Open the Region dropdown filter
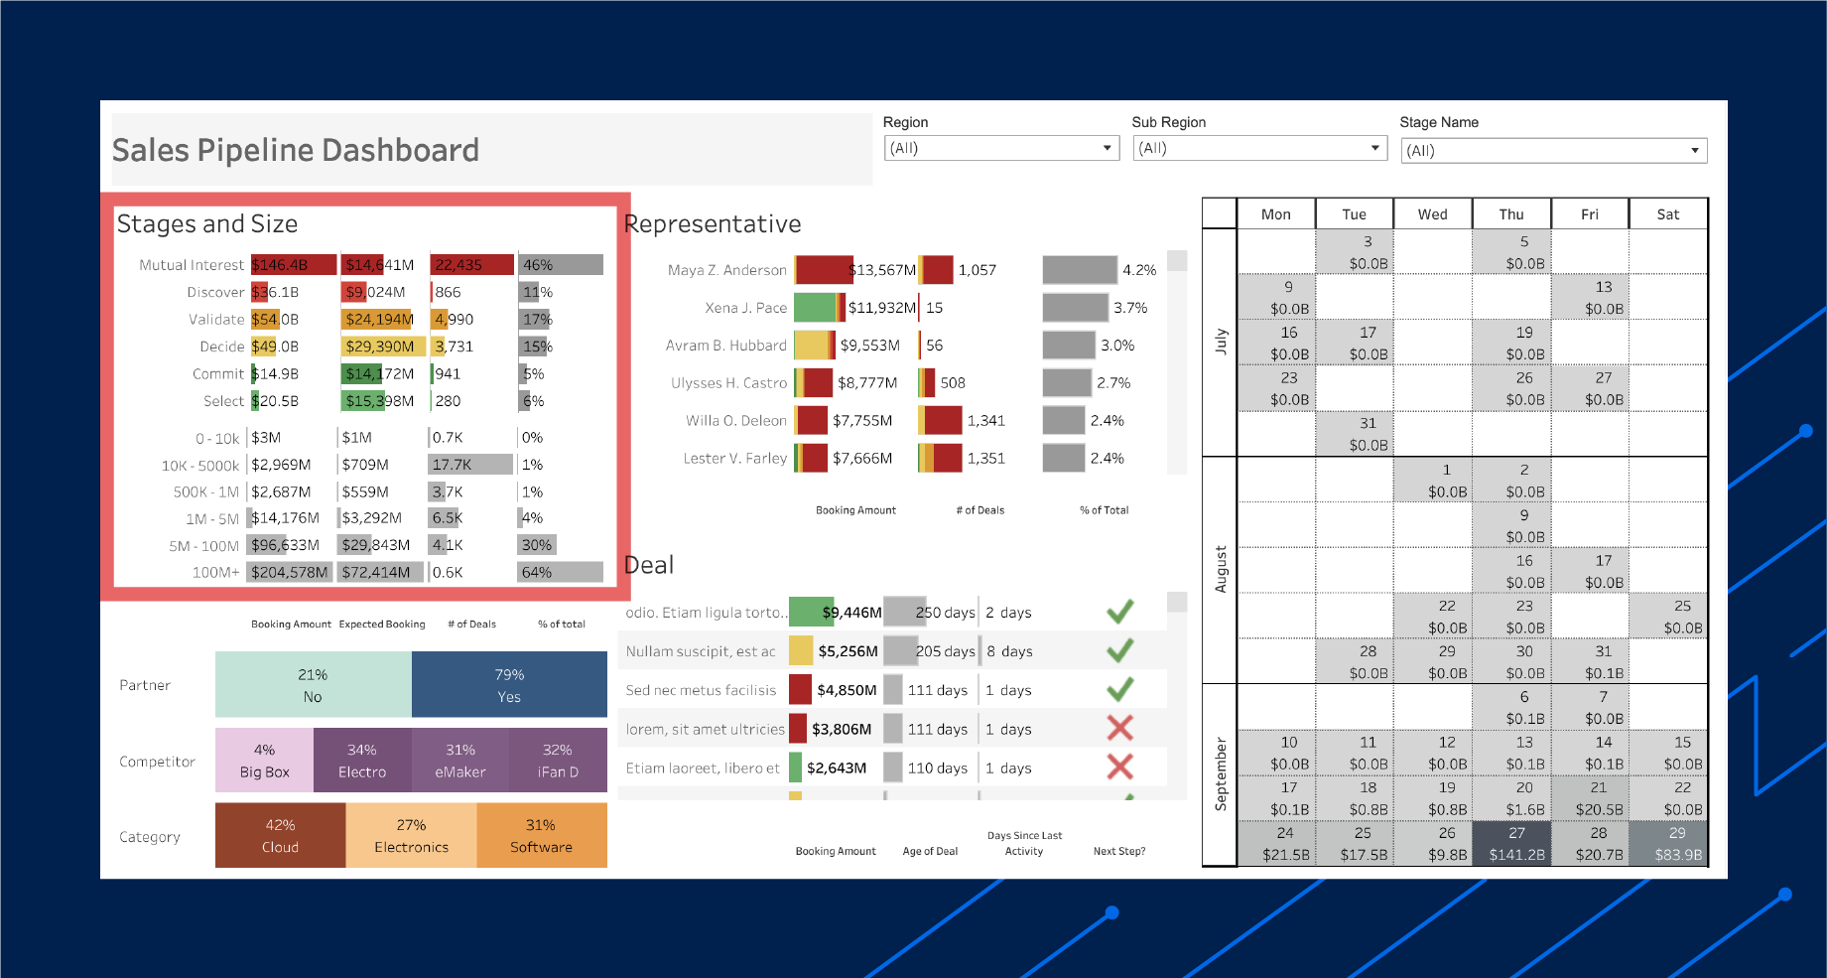click(1000, 148)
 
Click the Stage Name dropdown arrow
click(1695, 151)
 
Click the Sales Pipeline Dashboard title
click(296, 150)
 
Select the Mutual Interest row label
click(191, 265)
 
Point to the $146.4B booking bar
click(293, 265)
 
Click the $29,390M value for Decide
click(380, 347)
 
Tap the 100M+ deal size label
click(215, 573)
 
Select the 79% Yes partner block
click(509, 685)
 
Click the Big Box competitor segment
click(264, 761)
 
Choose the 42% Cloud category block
click(280, 836)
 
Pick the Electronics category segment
click(411, 836)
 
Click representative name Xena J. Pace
click(745, 308)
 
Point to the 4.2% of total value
click(1139, 270)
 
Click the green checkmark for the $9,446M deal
click(1120, 612)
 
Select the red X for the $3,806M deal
click(1120, 729)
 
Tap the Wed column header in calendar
click(1432, 214)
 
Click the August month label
click(1221, 569)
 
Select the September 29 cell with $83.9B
click(1677, 844)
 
